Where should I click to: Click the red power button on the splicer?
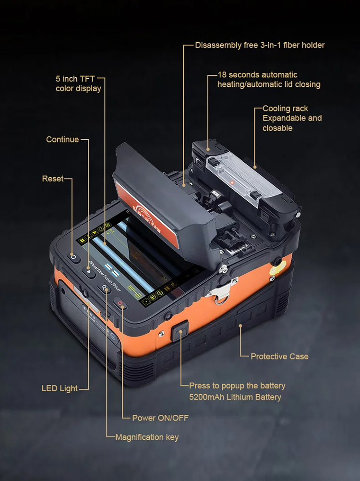[x=120, y=303]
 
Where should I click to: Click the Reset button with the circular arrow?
[x=73, y=257]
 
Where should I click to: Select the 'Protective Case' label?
[x=279, y=357]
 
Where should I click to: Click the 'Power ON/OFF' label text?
[x=160, y=418]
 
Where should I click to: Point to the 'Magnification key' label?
[x=147, y=437]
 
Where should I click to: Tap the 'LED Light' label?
[x=60, y=388]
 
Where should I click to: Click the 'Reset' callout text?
[x=53, y=179]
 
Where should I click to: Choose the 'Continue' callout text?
[x=62, y=140]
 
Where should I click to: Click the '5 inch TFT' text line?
[x=75, y=79]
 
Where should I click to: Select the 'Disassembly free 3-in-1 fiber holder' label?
[x=260, y=46]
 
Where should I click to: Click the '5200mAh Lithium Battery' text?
[x=235, y=397]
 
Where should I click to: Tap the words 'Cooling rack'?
[x=285, y=108]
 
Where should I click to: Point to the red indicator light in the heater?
[x=232, y=182]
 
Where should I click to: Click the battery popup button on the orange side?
[x=180, y=331]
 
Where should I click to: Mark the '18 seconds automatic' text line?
[x=257, y=75]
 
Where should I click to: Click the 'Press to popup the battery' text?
[x=237, y=386]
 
